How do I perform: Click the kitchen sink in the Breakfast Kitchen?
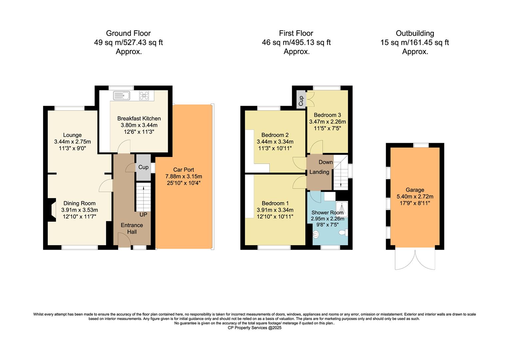[x=122, y=96]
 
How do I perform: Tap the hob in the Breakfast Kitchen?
[x=145, y=96]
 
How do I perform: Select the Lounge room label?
[x=72, y=135]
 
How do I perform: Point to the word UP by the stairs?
[x=143, y=215]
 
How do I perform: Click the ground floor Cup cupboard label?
[x=143, y=167]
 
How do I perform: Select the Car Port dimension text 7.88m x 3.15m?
[x=184, y=176]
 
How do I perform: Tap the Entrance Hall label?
[x=132, y=228]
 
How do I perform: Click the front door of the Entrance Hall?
[x=124, y=241]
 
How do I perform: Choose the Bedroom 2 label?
[x=275, y=135]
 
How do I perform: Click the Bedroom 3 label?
[x=327, y=115]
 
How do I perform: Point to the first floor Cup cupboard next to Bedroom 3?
[x=301, y=100]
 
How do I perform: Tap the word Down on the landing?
[x=325, y=162]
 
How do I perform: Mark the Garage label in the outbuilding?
[x=415, y=190]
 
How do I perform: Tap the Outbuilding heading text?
[x=415, y=33]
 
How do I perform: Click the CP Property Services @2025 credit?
[x=254, y=328]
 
